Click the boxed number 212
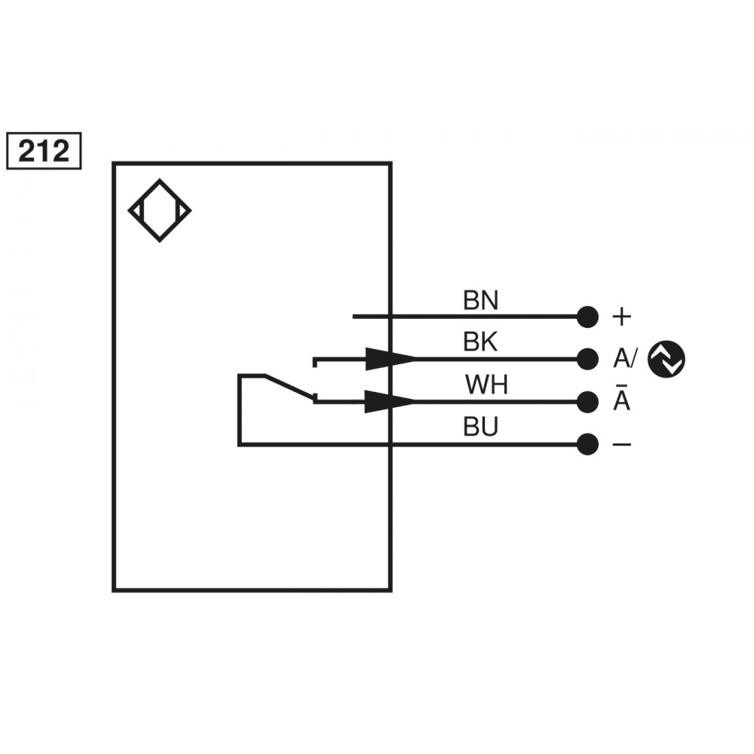43,152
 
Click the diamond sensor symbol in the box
160,211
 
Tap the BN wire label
480,302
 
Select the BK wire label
480,343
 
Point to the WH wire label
486,385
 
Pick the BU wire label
480,428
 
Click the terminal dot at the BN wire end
587,317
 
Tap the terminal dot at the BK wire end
587,359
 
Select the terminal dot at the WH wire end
587,402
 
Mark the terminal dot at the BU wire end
587,445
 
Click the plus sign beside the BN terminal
621,317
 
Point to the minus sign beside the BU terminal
621,445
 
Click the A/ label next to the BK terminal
625,359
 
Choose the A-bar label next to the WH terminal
621,400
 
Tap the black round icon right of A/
667,358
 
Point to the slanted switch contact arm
288,385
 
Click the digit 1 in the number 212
44,152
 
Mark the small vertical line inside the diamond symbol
176,211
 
